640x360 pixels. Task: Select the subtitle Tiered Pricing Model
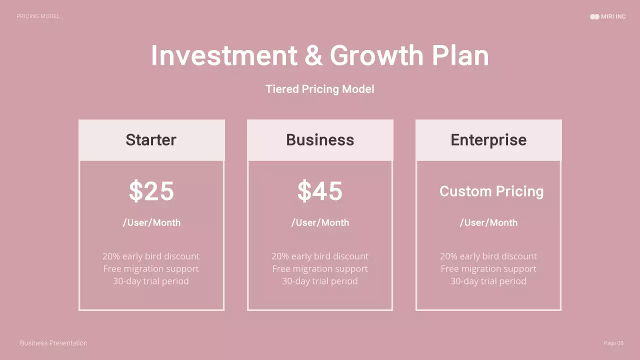click(320, 89)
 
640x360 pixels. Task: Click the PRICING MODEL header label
click(37, 16)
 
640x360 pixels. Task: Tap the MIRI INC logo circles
click(594, 16)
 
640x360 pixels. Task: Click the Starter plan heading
click(151, 140)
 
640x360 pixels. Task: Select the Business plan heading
click(320, 140)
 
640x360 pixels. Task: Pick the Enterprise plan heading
click(488, 140)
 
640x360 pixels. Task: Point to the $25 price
click(151, 191)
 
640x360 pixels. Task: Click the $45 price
click(320, 191)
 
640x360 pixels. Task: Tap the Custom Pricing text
click(491, 191)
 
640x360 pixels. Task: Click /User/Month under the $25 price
click(151, 222)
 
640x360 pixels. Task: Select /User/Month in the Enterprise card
click(488, 222)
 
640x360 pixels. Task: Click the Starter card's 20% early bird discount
click(151, 256)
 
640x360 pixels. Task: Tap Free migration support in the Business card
click(320, 268)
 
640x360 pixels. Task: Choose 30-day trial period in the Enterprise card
click(488, 281)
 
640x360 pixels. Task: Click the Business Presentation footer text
click(53, 343)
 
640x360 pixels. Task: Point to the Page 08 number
click(613, 343)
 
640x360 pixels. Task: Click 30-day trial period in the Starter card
click(151, 281)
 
